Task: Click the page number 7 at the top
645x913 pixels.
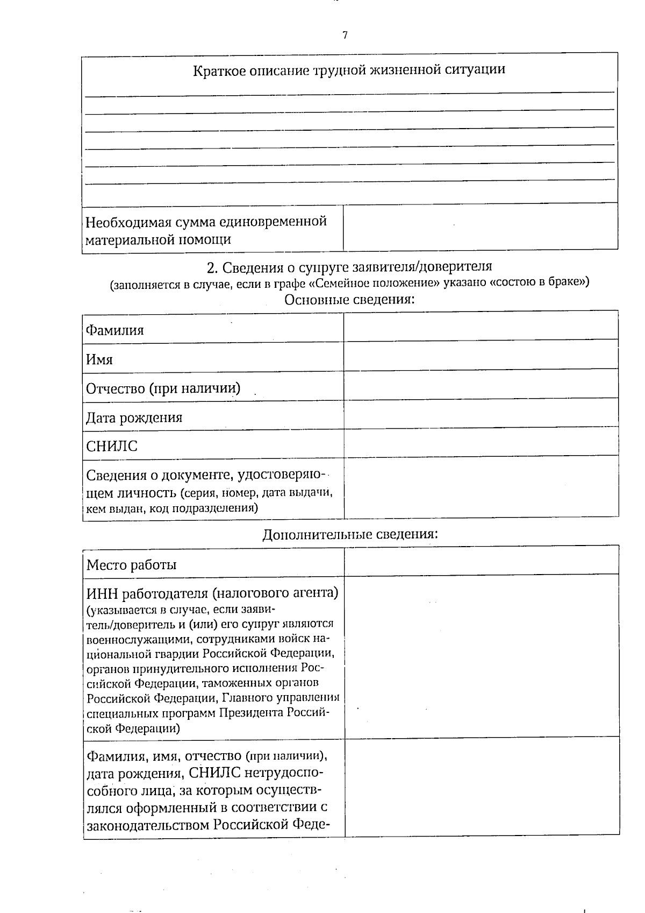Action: coord(345,36)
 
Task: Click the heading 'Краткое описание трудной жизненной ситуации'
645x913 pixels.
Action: coord(349,70)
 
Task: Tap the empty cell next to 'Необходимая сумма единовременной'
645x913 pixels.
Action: coord(480,227)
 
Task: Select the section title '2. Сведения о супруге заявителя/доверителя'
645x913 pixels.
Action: coord(349,267)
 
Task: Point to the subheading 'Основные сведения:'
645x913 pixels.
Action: coord(349,300)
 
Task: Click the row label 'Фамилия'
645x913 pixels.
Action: coord(115,330)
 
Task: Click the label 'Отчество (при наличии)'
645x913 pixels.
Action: coord(163,388)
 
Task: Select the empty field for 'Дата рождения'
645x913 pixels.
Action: coord(481,414)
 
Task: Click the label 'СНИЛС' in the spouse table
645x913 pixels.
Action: coord(112,447)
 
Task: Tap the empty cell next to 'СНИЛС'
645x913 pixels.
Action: coord(481,443)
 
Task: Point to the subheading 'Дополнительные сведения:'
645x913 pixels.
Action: coord(350,535)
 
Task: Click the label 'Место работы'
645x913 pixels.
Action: coord(132,565)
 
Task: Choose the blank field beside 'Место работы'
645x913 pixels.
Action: coord(481,561)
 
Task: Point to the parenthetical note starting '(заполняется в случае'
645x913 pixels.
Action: coord(349,284)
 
